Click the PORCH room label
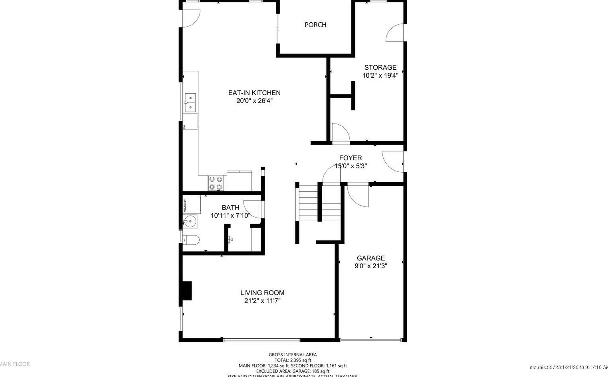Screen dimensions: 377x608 click(315, 25)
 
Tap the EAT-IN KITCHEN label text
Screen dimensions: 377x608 click(254, 93)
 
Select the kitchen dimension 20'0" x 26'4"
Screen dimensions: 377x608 click(254, 101)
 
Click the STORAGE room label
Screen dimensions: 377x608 click(380, 67)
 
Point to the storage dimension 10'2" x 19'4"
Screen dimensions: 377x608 click(380, 75)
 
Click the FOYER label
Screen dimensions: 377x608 click(351, 158)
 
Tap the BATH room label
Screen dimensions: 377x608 click(230, 208)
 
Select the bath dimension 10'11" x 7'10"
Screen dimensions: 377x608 click(230, 216)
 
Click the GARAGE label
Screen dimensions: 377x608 click(370, 258)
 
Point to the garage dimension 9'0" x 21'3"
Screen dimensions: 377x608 click(370, 266)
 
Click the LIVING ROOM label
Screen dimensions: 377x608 click(262, 293)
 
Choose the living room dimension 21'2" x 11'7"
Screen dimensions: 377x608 click(262, 301)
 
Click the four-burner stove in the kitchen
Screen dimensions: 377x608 click(216, 183)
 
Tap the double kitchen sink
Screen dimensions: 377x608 click(190, 102)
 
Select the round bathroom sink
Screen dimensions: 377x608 click(190, 222)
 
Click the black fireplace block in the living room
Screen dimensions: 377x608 click(186, 291)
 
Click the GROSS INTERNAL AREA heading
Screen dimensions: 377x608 click(293, 355)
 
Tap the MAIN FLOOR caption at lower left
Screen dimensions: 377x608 click(15, 364)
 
